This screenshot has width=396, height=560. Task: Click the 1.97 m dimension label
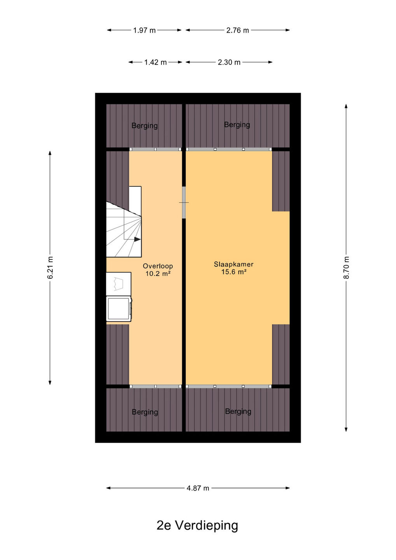144,30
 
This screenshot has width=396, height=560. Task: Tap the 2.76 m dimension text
238,30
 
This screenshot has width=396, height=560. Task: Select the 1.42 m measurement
155,62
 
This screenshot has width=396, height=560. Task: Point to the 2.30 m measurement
229,62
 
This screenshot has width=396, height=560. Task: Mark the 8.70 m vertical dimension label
346,268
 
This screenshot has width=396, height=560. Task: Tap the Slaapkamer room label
234,264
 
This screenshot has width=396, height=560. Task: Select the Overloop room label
158,266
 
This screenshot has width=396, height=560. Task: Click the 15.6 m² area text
234,272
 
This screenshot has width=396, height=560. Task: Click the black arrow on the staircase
137,239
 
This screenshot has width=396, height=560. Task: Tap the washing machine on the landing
119,309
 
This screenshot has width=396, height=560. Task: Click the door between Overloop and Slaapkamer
184,202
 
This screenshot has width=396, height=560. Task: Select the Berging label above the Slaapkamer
237,125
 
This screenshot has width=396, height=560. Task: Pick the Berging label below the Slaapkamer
238,411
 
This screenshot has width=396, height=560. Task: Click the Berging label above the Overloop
144,126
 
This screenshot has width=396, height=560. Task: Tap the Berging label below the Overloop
145,412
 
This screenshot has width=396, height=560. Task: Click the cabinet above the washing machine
119,284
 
